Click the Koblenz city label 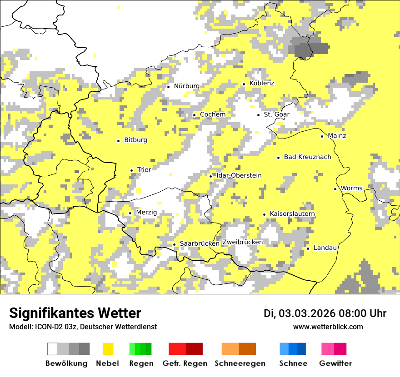262,84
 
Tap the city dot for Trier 131,170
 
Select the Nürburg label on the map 186,86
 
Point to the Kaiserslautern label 292,214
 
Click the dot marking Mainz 322,136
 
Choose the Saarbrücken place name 200,244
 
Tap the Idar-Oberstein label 239,176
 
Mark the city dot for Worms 335,189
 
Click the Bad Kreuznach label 307,157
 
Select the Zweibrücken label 242,242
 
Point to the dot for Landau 308,248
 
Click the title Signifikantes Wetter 75,313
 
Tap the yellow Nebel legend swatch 108,349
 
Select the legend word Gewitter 335,363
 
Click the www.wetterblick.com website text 328,327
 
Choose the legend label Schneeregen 240,363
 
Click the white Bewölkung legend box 53,349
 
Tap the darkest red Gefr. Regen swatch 194,349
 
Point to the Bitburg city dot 118,141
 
